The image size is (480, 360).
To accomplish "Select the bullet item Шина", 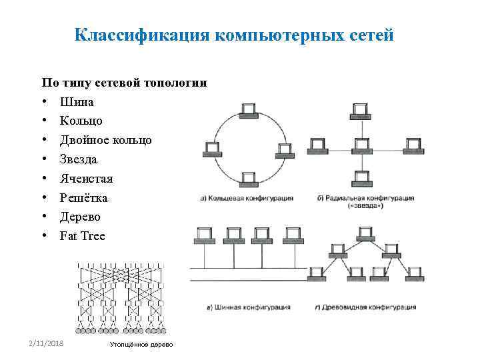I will click(77, 102).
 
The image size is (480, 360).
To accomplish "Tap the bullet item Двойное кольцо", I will click(106, 140).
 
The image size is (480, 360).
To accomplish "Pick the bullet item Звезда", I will click(79, 159).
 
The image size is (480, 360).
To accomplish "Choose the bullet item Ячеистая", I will click(87, 179).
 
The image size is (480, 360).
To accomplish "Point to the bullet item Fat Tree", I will click(83, 236).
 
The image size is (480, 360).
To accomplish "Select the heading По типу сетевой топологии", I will click(124, 83).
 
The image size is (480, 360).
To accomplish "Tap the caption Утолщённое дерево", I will click(141, 344).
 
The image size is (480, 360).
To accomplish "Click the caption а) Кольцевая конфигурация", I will click(246, 198).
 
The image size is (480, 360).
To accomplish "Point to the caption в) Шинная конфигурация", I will click(248, 307).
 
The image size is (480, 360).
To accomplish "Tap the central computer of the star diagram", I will click(362, 145).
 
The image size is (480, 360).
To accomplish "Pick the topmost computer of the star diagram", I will click(362, 113).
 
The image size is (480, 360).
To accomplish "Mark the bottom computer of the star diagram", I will click(362, 177).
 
